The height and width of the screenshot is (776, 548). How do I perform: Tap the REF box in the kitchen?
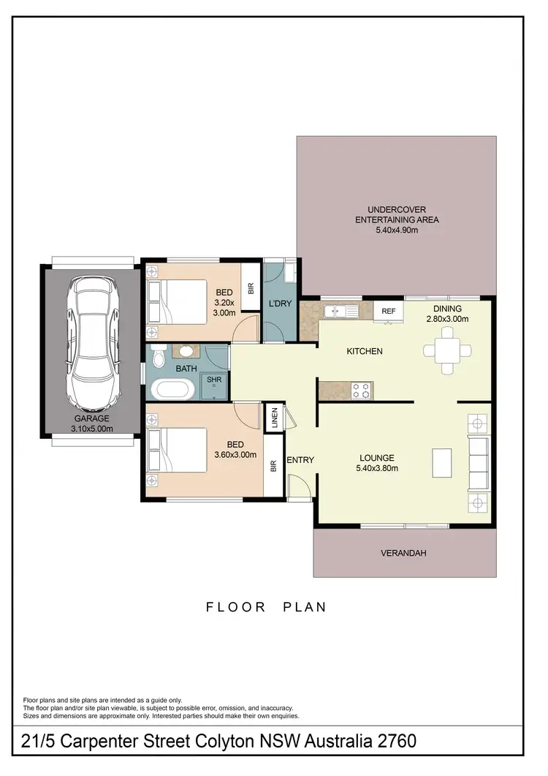click(x=389, y=311)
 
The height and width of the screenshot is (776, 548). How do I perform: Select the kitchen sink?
click(x=340, y=312)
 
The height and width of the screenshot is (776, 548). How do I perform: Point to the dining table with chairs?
click(x=445, y=350)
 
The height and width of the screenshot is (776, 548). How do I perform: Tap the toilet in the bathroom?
click(x=159, y=356)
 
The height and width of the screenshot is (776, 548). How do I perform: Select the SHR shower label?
click(x=214, y=380)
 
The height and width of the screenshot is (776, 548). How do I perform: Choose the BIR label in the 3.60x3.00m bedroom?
click(x=273, y=465)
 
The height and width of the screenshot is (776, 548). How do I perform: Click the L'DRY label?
click(x=281, y=303)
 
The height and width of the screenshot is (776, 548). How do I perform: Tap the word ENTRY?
click(x=300, y=460)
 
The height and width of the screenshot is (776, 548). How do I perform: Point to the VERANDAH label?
click(x=403, y=554)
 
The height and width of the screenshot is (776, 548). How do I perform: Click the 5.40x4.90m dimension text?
click(x=397, y=230)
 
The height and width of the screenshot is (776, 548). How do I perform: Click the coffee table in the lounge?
click(x=442, y=462)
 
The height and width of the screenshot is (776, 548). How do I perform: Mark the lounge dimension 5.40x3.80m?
click(x=376, y=468)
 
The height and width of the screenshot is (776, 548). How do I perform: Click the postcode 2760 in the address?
click(x=394, y=741)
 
